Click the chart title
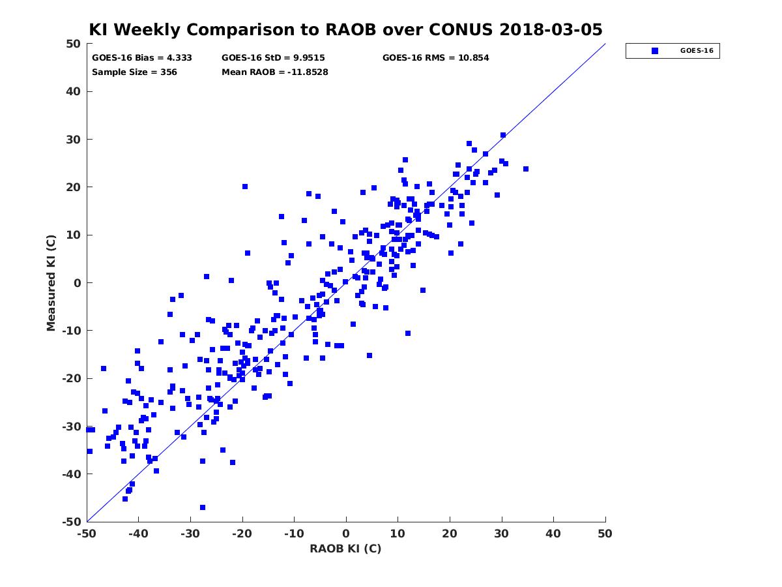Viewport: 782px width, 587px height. coord(345,29)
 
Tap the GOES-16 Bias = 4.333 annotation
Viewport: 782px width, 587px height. coord(142,58)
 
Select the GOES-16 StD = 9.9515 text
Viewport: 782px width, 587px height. coord(273,58)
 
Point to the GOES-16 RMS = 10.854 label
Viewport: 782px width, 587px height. coord(435,58)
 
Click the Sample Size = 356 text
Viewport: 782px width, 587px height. coord(134,72)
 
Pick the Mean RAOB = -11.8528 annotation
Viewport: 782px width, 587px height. coord(275,72)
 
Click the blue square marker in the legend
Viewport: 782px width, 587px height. coord(655,51)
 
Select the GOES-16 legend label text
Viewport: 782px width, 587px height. coord(697,51)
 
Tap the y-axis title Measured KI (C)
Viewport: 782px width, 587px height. coord(51,282)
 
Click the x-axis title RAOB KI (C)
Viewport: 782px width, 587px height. coord(345,548)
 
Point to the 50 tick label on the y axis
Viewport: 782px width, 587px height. coord(74,44)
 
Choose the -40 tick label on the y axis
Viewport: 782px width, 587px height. coord(72,474)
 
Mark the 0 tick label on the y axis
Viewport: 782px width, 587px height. coord(78,283)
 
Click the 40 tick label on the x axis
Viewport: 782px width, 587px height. coord(553,534)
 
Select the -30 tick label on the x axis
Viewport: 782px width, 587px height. coord(190,534)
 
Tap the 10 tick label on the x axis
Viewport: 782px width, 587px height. coord(398,534)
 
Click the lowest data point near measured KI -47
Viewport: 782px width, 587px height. coord(203,507)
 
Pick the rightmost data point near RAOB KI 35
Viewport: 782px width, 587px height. coord(526,169)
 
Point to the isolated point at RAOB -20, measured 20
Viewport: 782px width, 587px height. coord(245,187)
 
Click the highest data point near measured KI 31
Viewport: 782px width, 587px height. coord(503,135)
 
